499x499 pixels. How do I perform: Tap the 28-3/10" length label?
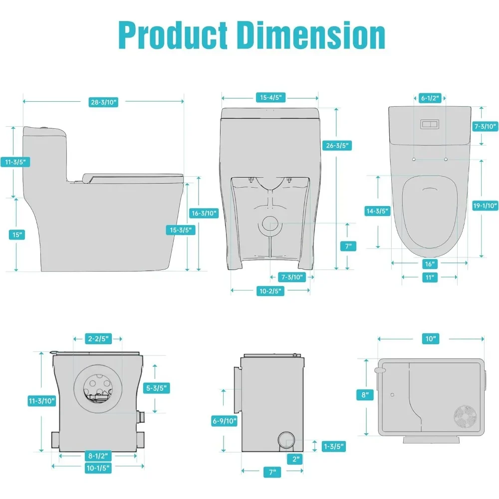coord(103,102)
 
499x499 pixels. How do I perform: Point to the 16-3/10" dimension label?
coord(204,213)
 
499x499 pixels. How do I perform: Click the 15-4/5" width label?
coord(270,98)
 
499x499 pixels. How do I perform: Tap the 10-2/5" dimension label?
coord(270,292)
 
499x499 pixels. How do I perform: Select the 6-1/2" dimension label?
coord(430,98)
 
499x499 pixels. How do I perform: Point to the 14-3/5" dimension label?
coord(377,211)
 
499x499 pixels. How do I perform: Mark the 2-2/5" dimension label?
coord(98,339)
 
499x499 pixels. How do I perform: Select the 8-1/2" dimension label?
coord(98,456)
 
